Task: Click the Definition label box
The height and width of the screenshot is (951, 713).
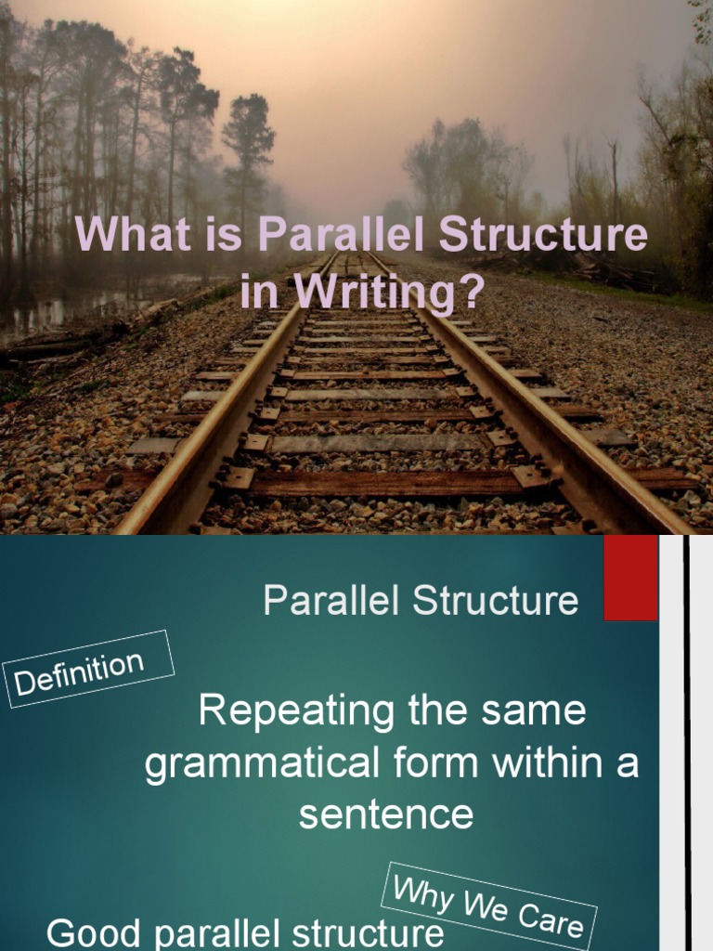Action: (89, 670)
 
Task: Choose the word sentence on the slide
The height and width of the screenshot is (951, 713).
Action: (385, 814)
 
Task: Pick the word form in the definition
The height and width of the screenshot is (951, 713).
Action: (429, 763)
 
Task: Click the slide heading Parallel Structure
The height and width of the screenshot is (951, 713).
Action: (421, 601)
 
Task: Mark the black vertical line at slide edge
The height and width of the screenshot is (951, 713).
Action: (687, 743)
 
